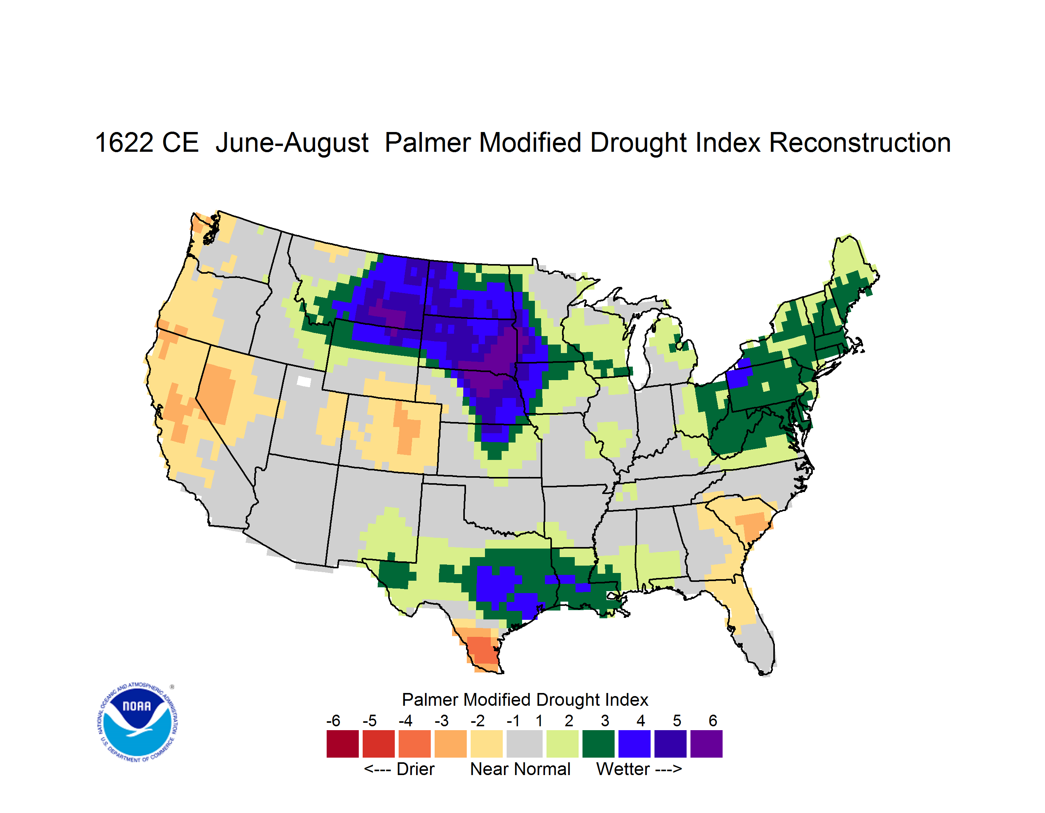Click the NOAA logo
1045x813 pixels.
tap(138, 722)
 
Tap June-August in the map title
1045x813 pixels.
tap(292, 143)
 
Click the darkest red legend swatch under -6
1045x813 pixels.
tap(343, 744)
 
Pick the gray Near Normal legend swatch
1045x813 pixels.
tap(524, 744)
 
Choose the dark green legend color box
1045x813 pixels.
tap(598, 744)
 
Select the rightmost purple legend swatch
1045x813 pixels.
tap(706, 744)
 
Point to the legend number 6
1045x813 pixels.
tap(713, 720)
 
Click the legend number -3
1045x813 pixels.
tap(442, 720)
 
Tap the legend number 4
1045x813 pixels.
tap(641, 720)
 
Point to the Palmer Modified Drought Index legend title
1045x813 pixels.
tap(525, 700)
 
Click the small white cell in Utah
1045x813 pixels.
tap(304, 381)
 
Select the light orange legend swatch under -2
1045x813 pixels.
tap(487, 744)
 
